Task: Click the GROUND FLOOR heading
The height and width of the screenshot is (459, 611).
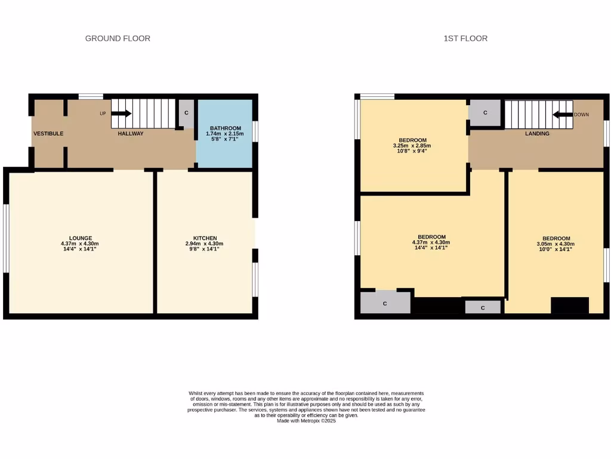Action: pyautogui.click(x=118, y=38)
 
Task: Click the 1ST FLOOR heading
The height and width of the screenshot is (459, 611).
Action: pyautogui.click(x=465, y=38)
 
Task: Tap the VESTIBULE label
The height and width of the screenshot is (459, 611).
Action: pyautogui.click(x=48, y=133)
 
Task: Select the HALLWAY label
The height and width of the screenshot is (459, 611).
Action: pyautogui.click(x=130, y=133)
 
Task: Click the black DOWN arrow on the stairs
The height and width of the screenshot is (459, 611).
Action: pyautogui.click(x=561, y=114)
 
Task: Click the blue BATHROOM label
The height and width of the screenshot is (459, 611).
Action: pyautogui.click(x=224, y=128)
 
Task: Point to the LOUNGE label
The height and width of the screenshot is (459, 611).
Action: pyautogui.click(x=80, y=238)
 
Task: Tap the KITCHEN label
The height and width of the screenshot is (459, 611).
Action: pyautogui.click(x=205, y=238)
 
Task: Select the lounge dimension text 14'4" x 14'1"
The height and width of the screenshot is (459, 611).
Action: pyautogui.click(x=80, y=249)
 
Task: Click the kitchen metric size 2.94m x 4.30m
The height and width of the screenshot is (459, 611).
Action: pyautogui.click(x=205, y=244)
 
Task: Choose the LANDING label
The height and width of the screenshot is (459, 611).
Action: pyautogui.click(x=537, y=133)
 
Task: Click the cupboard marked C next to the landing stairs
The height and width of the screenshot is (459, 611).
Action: pyautogui.click(x=485, y=112)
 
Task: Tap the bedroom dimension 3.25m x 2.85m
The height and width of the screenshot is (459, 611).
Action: pyautogui.click(x=412, y=145)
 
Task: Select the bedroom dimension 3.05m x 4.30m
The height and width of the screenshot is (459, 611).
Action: pyautogui.click(x=556, y=244)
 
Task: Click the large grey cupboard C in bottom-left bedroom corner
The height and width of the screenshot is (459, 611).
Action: pyautogui.click(x=385, y=303)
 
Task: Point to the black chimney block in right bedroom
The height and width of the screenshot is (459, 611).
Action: pyautogui.click(x=569, y=305)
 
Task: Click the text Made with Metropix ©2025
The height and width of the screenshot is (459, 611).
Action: pyautogui.click(x=307, y=421)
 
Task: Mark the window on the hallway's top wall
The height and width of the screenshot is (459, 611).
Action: pyautogui.click(x=91, y=96)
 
